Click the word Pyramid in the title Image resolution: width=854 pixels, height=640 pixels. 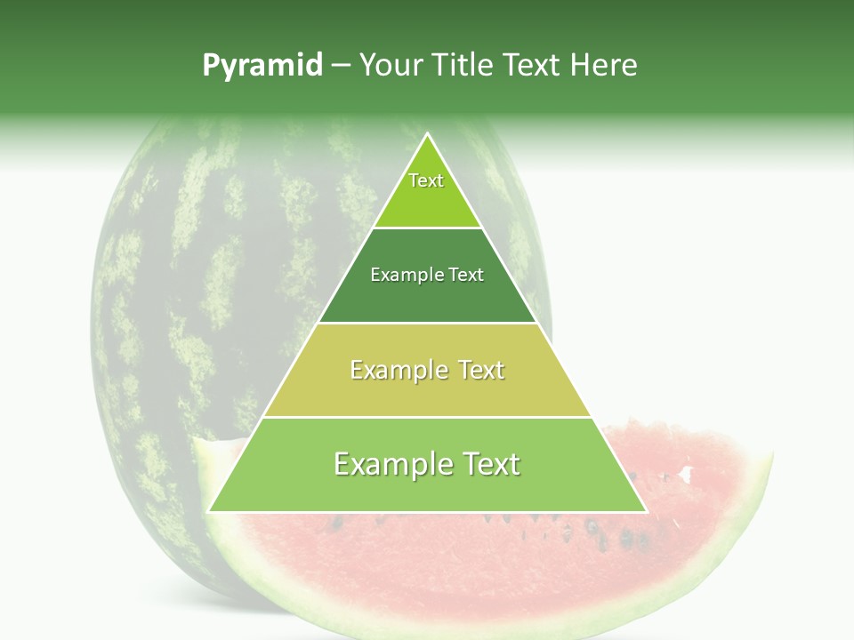262,66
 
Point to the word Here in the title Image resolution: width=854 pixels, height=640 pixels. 604,65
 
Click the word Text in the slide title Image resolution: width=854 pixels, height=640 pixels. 533,65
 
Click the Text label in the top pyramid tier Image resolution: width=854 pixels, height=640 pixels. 426,180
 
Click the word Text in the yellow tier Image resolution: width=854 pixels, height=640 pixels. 481,370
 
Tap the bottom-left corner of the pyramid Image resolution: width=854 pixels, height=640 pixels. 209,511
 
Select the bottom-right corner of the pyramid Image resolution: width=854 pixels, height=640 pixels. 646,511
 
